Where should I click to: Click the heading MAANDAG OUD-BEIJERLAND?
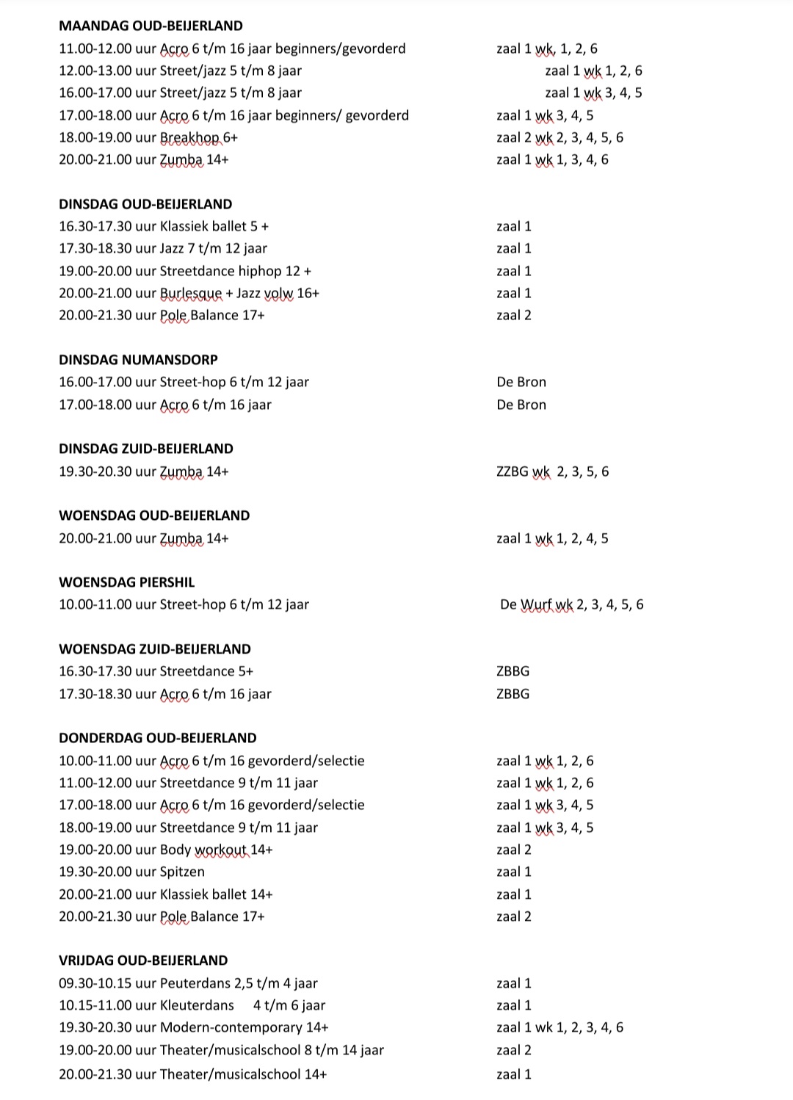click(x=151, y=26)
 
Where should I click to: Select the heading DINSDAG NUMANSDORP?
click(x=138, y=360)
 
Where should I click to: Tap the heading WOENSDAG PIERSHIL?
click(x=127, y=582)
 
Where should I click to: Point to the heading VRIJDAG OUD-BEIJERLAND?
click(x=143, y=960)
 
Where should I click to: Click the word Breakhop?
click(x=184, y=137)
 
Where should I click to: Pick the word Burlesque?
click(x=191, y=293)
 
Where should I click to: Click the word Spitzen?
click(x=182, y=872)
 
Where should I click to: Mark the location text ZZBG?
click(x=513, y=471)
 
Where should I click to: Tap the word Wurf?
click(x=536, y=604)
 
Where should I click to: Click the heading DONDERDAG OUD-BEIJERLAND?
click(x=158, y=738)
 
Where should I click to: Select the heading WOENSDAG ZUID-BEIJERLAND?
click(x=155, y=649)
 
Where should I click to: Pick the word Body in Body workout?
click(x=175, y=850)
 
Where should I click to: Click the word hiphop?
click(x=259, y=271)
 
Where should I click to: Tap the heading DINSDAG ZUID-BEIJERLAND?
click(x=146, y=449)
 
